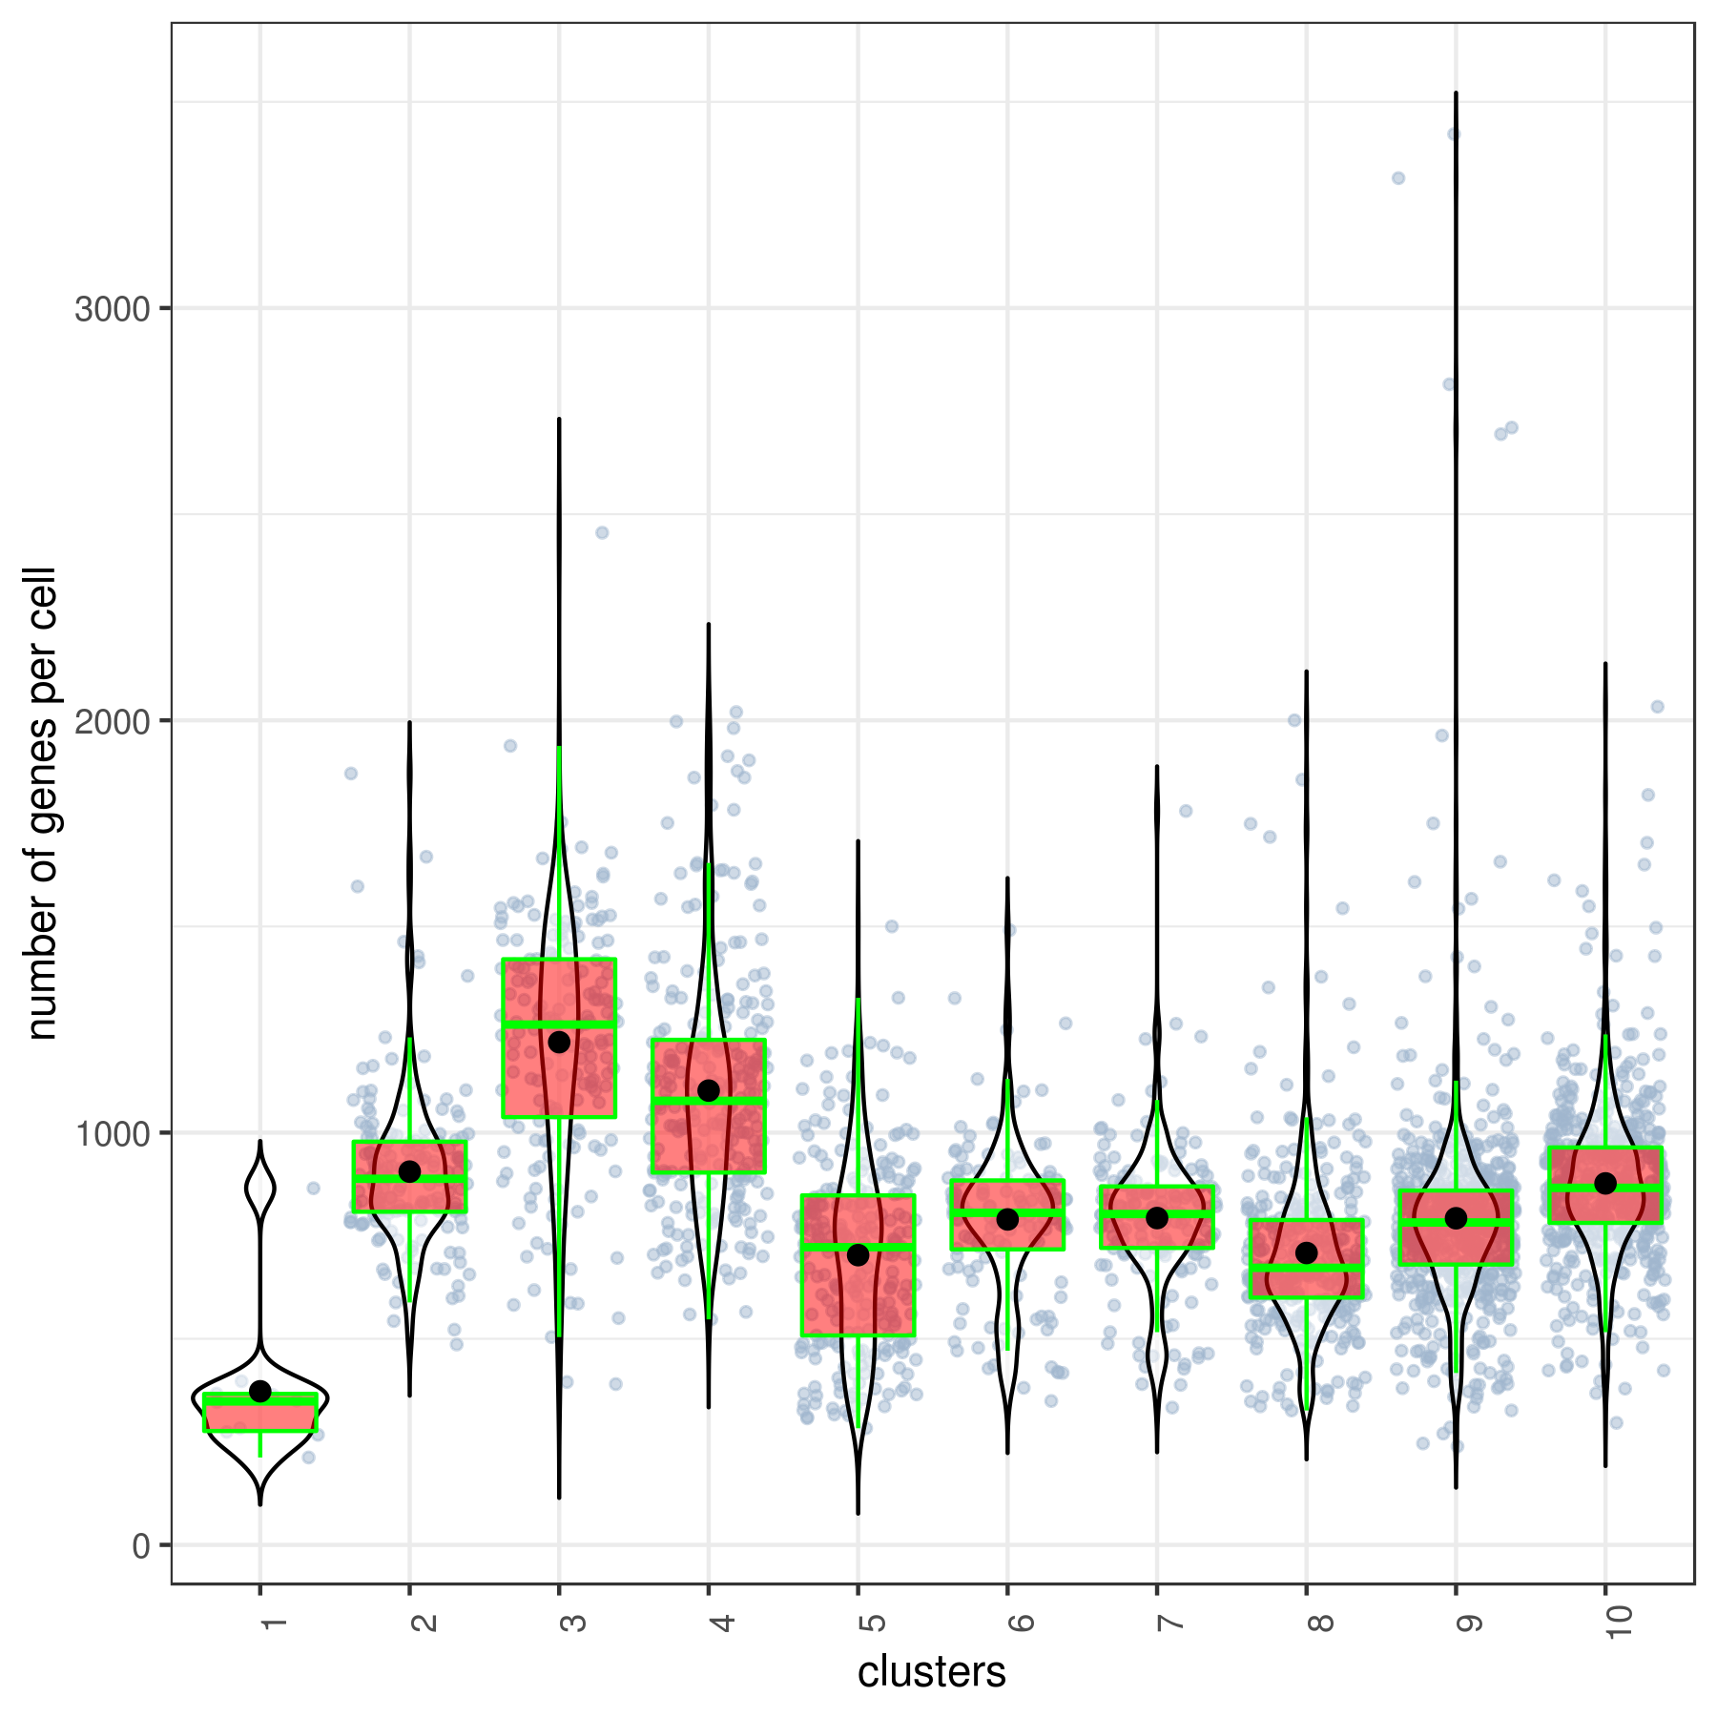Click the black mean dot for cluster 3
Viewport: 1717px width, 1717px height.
pyautogui.click(x=559, y=1042)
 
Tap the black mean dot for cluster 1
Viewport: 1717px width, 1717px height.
pyautogui.click(x=260, y=1392)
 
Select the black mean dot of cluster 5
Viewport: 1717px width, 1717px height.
pyautogui.click(x=858, y=1255)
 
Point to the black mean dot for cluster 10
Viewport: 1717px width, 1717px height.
pyautogui.click(x=1605, y=1184)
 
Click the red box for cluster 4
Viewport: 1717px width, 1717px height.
pyautogui.click(x=709, y=1135)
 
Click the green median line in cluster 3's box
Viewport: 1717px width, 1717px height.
pyautogui.click(x=559, y=1024)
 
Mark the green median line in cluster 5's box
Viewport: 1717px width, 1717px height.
pyautogui.click(x=858, y=1247)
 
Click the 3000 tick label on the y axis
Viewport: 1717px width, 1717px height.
pyautogui.click(x=112, y=309)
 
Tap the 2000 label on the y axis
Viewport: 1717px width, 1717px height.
pyautogui.click(x=112, y=721)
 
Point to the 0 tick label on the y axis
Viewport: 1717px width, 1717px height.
pyautogui.click(x=141, y=1546)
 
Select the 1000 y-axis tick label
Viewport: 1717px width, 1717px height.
pyautogui.click(x=112, y=1134)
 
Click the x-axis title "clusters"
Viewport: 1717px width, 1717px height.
pyautogui.click(x=931, y=1672)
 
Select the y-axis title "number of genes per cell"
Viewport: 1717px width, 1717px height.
pyautogui.click(x=42, y=803)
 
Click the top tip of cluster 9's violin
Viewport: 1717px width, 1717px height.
pyautogui.click(x=1456, y=93)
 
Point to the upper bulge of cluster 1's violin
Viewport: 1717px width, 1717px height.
pyautogui.click(x=260, y=1189)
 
